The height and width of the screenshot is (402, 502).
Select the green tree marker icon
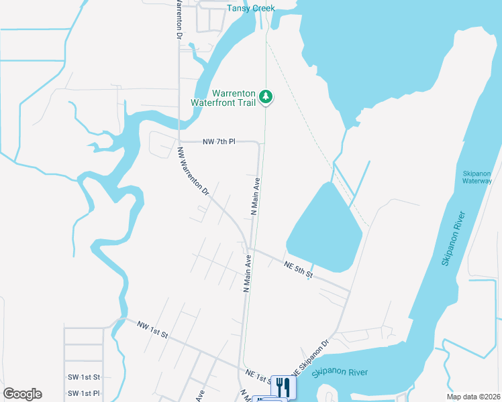[266, 97]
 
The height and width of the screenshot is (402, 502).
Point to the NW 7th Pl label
[219, 142]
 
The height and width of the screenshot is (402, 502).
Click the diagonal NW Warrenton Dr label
[194, 172]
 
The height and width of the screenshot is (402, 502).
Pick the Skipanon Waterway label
[477, 177]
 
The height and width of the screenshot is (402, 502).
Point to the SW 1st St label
[84, 377]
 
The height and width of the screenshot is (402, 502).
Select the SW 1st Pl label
[84, 393]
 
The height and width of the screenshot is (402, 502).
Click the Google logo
[22, 394]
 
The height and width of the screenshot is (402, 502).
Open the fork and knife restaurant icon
[283, 387]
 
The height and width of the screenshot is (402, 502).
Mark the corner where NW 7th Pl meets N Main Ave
[258, 143]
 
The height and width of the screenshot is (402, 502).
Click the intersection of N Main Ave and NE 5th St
[251, 249]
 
